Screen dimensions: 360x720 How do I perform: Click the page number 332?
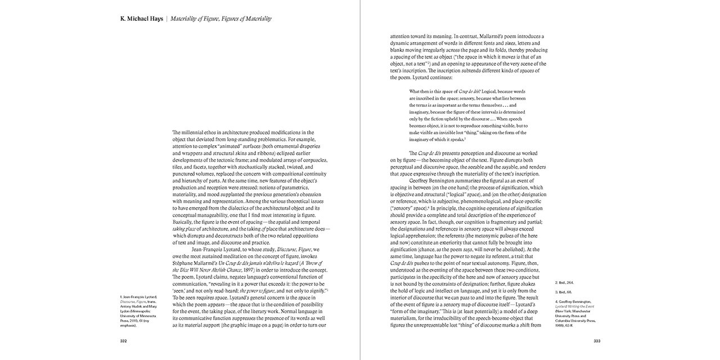(123, 340)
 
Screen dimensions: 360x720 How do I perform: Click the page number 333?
(597, 340)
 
